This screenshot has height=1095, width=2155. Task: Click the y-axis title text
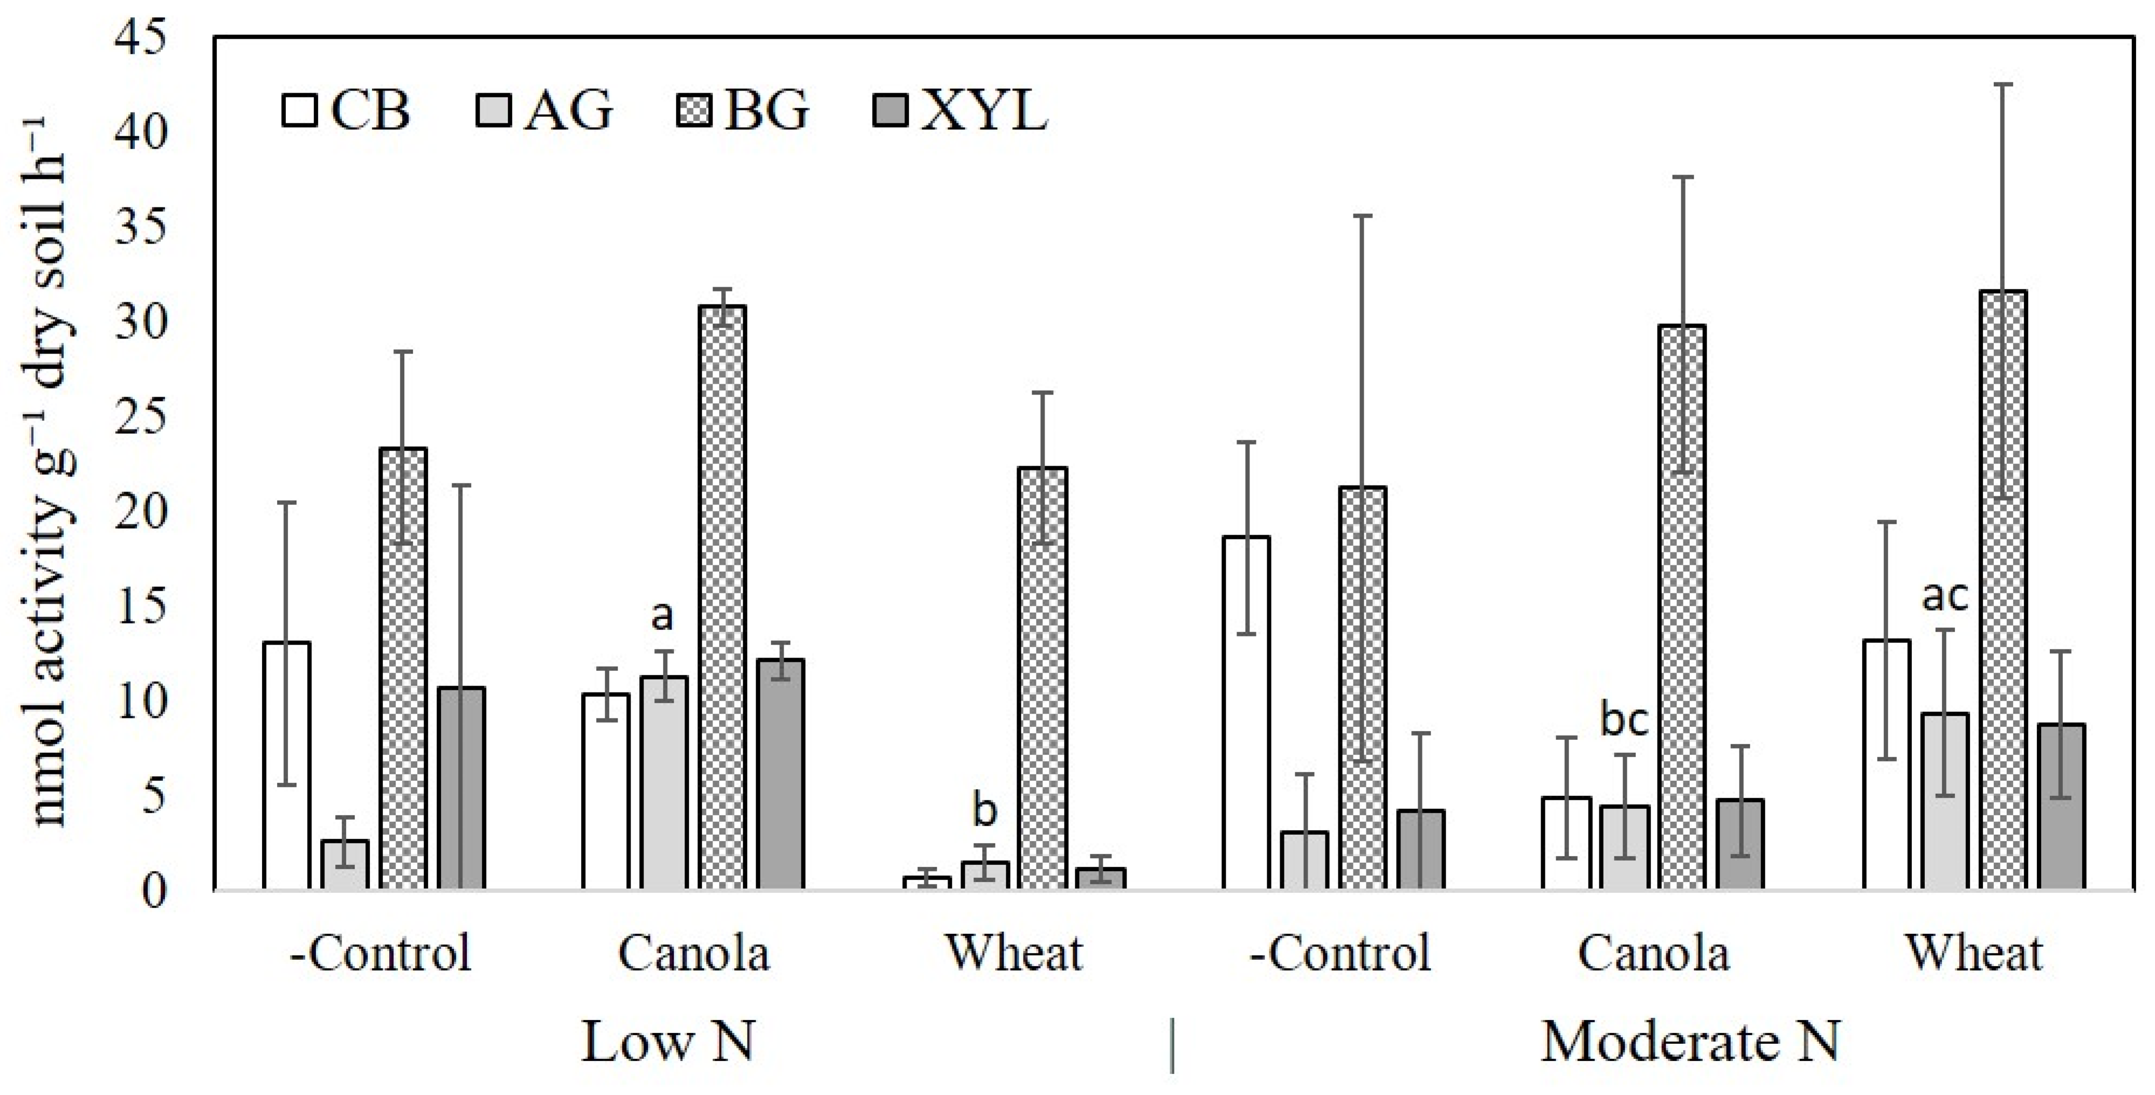point(52,468)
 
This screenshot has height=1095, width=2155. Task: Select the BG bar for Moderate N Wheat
point(2004,590)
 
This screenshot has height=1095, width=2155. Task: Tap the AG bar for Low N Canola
point(665,782)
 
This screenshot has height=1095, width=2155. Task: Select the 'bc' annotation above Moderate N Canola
point(1624,720)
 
